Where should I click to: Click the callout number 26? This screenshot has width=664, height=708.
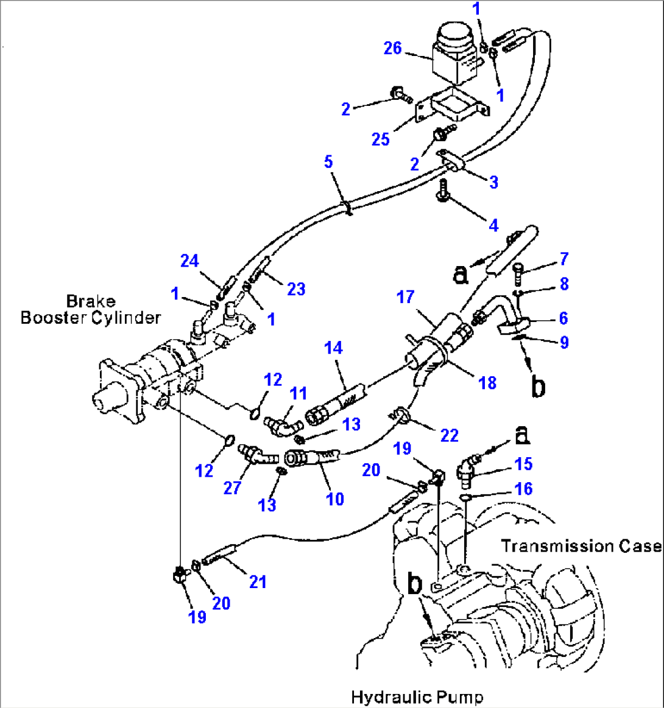pos(392,47)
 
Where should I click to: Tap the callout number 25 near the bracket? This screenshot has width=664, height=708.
pos(381,139)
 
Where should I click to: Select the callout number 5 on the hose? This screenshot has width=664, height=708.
pos(328,162)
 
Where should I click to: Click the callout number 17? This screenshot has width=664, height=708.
pos(406,297)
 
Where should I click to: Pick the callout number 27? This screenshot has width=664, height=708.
pos(231,488)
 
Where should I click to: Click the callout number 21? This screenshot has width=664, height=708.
pos(258,582)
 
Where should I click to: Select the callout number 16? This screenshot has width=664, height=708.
pos(523,488)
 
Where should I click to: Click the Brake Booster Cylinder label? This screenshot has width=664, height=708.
pos(91,309)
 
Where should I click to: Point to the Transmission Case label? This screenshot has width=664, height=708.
pos(581,546)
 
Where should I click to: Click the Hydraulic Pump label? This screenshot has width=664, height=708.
pos(417,696)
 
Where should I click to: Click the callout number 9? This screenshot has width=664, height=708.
pos(564,342)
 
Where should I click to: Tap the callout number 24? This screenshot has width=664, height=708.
pos(189,261)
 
